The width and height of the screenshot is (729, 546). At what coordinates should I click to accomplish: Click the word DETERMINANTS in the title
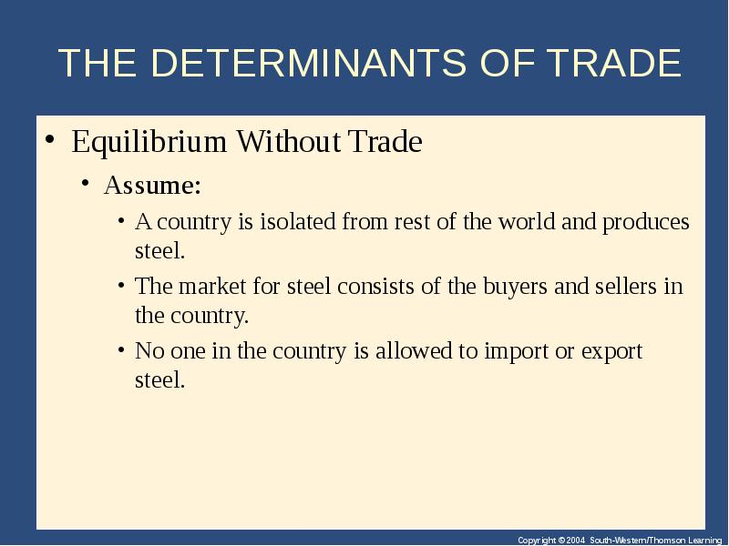point(308,62)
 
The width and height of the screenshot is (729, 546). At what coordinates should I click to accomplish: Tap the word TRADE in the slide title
point(613,62)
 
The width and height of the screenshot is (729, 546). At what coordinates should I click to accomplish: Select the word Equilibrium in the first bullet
point(149,142)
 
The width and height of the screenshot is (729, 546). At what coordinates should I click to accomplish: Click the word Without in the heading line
point(288,141)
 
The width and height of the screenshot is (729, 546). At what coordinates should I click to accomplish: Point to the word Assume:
point(152,185)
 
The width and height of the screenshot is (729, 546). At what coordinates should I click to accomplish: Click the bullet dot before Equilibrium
point(50,138)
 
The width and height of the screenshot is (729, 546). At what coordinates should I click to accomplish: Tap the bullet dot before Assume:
point(85,183)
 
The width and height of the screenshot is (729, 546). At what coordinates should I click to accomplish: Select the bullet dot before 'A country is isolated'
point(121,220)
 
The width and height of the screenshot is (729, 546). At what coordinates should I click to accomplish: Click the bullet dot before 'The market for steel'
point(121,285)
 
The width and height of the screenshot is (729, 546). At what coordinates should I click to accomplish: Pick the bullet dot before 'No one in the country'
point(121,349)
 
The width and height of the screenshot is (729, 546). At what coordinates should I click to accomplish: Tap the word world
point(527,221)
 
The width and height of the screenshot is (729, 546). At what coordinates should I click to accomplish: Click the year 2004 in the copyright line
point(575,541)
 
